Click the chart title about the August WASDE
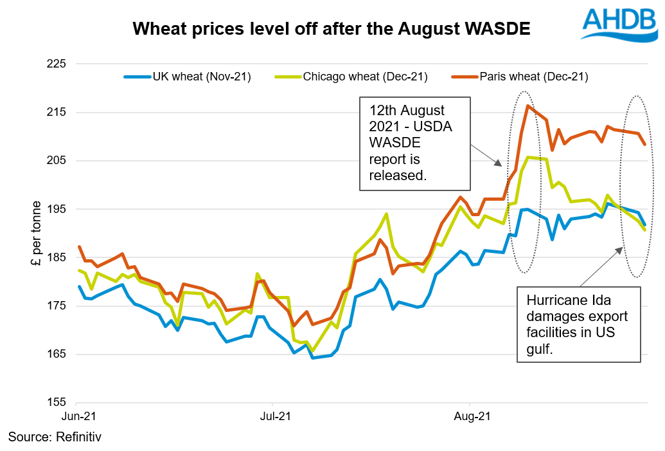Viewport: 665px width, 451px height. pos(331,29)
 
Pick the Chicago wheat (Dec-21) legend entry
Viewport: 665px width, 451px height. pos(365,77)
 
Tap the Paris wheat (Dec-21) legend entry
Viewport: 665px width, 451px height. pos(533,77)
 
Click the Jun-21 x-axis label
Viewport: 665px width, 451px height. pos(79,416)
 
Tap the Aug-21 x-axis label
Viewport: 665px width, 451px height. pos(472,416)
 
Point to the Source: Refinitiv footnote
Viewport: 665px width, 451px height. pos(55,437)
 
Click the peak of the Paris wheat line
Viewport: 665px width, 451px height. pos(528,106)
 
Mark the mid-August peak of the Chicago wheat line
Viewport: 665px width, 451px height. pos(528,157)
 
